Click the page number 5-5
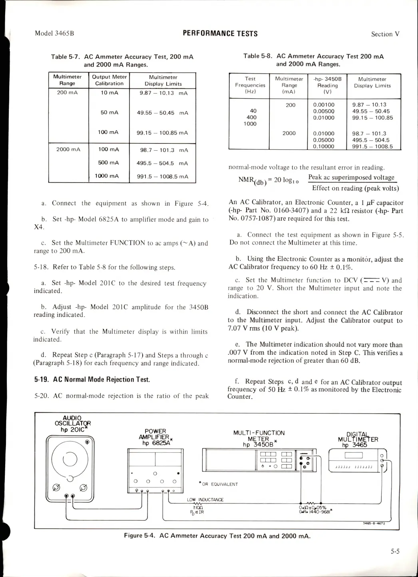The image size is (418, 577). [395, 551]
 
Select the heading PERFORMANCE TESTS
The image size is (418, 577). [220, 34]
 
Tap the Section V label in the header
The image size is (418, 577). [385, 34]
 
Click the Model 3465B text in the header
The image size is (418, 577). [54, 33]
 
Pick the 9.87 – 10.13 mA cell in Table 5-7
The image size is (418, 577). [163, 93]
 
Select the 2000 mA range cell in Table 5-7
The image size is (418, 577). [68, 149]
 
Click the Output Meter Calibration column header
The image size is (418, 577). [109, 80]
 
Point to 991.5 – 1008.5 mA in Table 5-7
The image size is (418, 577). [162, 177]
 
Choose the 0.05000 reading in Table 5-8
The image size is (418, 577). [324, 140]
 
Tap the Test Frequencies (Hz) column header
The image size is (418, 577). [250, 85]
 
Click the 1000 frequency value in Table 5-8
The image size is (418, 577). [250, 124]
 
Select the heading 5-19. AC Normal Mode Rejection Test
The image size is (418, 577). [92, 380]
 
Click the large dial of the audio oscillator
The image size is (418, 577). [70, 458]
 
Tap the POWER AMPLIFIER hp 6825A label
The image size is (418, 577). [155, 437]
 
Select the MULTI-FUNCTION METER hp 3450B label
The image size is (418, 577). [259, 438]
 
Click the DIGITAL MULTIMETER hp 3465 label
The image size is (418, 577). [358, 440]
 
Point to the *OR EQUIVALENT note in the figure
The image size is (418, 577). [218, 484]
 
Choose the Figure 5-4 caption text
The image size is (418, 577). [217, 536]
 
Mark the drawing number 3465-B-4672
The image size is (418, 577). [374, 523]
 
